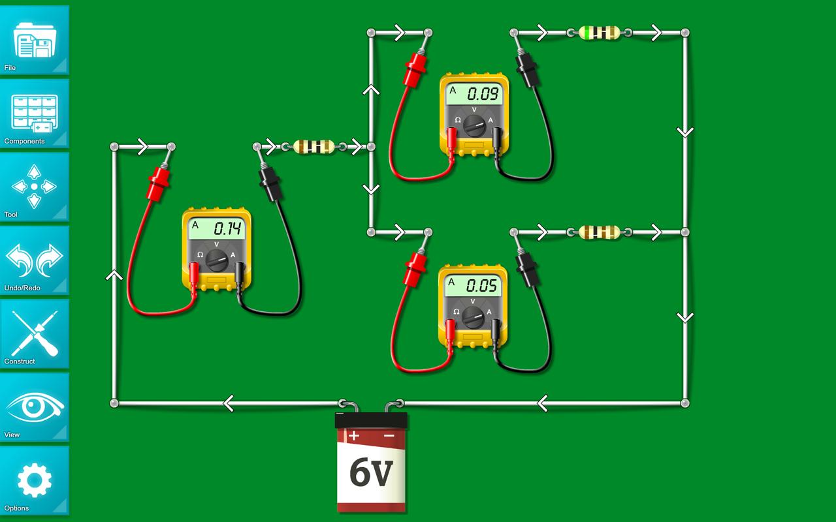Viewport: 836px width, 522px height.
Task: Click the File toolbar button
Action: (35, 40)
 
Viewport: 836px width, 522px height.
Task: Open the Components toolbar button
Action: (35, 114)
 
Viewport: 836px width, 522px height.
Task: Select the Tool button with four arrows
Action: (35, 187)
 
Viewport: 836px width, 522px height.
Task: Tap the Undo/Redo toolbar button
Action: (35, 260)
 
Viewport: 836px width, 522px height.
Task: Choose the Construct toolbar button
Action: (35, 333)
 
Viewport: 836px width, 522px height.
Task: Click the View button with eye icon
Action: (35, 407)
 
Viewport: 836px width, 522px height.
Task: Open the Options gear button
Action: (35, 480)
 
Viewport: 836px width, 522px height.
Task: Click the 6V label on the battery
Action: (371, 472)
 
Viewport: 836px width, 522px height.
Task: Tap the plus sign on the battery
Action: (353, 435)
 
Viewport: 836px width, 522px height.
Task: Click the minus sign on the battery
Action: (389, 435)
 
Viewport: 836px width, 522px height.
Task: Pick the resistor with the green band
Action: (600, 32)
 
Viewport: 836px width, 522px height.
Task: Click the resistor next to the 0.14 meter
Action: (314, 147)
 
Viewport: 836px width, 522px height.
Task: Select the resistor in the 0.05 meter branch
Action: (600, 232)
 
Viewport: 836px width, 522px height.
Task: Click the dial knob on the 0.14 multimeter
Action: (217, 260)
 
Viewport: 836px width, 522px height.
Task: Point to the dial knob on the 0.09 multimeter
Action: (475, 125)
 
